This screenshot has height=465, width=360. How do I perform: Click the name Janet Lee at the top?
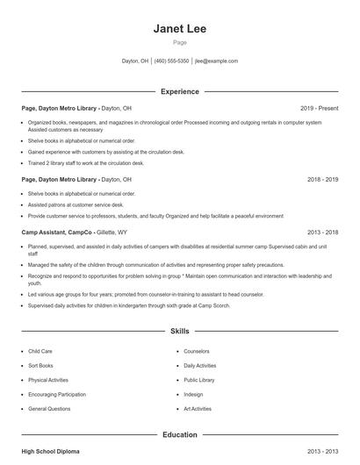click(179, 29)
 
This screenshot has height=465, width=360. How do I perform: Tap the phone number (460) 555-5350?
click(171, 61)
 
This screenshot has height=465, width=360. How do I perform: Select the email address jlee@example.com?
click(216, 61)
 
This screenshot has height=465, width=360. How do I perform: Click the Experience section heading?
click(179, 91)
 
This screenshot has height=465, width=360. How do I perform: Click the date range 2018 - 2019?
click(322, 179)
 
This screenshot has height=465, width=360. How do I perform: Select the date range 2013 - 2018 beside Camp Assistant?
click(322, 232)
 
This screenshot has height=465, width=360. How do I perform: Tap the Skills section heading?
click(179, 332)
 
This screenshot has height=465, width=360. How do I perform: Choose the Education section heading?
click(179, 434)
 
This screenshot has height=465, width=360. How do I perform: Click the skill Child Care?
click(40, 351)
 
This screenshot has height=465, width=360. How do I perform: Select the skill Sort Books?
click(40, 365)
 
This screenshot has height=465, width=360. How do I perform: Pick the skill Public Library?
click(198, 380)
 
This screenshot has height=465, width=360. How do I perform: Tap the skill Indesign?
click(192, 394)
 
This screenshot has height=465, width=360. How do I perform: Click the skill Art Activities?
click(197, 409)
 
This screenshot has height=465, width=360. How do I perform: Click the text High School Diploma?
click(50, 451)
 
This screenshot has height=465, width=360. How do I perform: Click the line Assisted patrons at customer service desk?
click(76, 204)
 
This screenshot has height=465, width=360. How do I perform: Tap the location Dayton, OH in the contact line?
click(135, 61)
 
